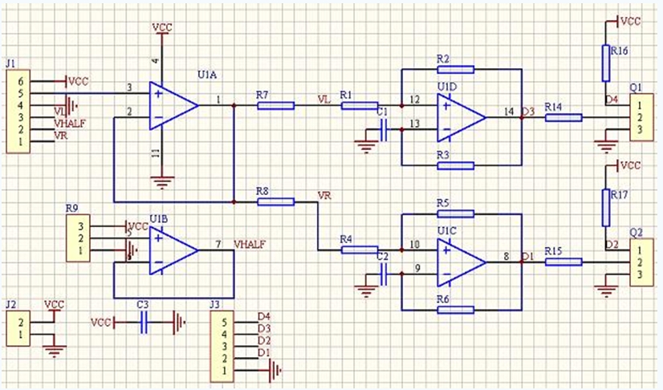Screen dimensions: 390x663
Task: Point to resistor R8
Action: click(x=275, y=201)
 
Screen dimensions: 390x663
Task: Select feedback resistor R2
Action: click(x=456, y=69)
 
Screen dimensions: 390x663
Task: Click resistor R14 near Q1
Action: click(x=563, y=118)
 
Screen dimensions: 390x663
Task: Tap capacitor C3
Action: click(x=145, y=323)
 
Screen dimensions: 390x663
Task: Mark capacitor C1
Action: click(x=384, y=130)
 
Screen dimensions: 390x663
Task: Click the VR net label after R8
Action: click(x=324, y=195)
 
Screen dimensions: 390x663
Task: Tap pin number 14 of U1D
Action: click(x=508, y=111)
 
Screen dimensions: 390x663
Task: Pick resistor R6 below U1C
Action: click(x=456, y=309)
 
